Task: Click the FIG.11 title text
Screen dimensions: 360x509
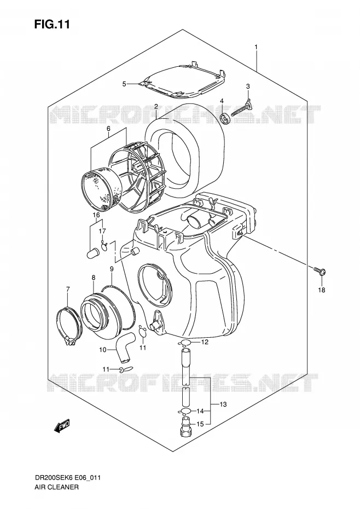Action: (52, 25)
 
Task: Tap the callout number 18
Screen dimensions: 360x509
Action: (321, 290)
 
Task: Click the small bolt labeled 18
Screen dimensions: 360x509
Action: (320, 271)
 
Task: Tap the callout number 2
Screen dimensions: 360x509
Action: (156, 107)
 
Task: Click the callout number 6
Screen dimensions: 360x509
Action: (108, 129)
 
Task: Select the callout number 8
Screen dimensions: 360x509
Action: (94, 277)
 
